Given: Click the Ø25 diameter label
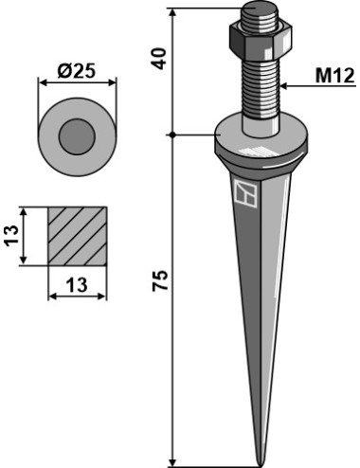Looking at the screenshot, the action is pyautogui.click(x=76, y=71).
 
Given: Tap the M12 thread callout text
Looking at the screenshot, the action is pyautogui.click(x=335, y=76).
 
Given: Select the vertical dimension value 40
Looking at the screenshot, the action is pyautogui.click(x=159, y=59).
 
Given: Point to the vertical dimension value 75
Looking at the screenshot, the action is pyautogui.click(x=159, y=280).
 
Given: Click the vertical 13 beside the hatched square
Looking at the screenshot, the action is pyautogui.click(x=11, y=236).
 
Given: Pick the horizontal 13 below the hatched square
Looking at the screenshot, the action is pyautogui.click(x=77, y=284).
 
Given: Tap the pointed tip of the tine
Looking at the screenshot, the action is pyautogui.click(x=260, y=465).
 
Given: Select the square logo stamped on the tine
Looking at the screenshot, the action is pyautogui.click(x=245, y=193).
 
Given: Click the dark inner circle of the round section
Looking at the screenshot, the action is pyautogui.click(x=77, y=136).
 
